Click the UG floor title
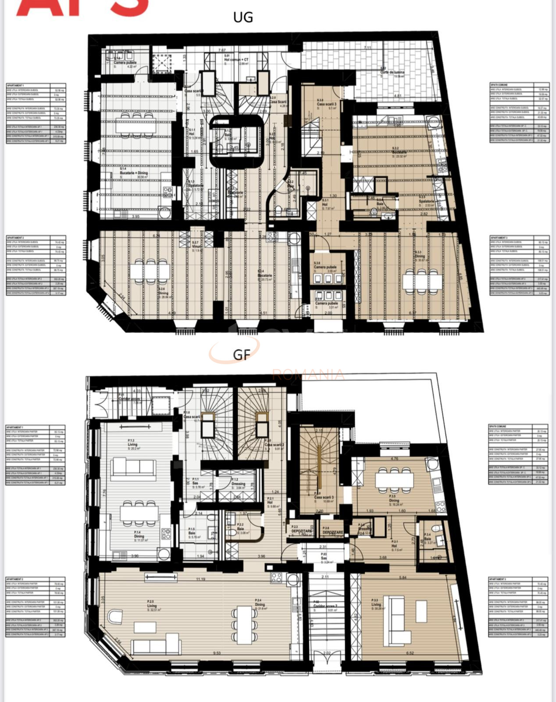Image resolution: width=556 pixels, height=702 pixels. point(243,18)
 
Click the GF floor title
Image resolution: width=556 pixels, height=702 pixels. point(241,355)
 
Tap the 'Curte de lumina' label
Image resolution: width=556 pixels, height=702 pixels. point(392,73)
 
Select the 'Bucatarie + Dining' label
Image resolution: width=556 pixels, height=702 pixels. point(133,173)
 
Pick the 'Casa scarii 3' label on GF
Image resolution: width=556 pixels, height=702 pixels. point(324,497)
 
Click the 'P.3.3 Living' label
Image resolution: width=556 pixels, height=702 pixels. point(376,604)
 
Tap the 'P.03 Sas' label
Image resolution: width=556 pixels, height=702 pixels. point(324,558)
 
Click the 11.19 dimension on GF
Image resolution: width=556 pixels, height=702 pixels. point(201,579)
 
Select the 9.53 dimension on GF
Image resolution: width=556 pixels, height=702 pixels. point(217,653)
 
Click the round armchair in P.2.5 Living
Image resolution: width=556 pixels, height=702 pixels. point(116,617)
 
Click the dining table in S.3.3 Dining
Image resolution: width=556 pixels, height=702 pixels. point(422,281)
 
